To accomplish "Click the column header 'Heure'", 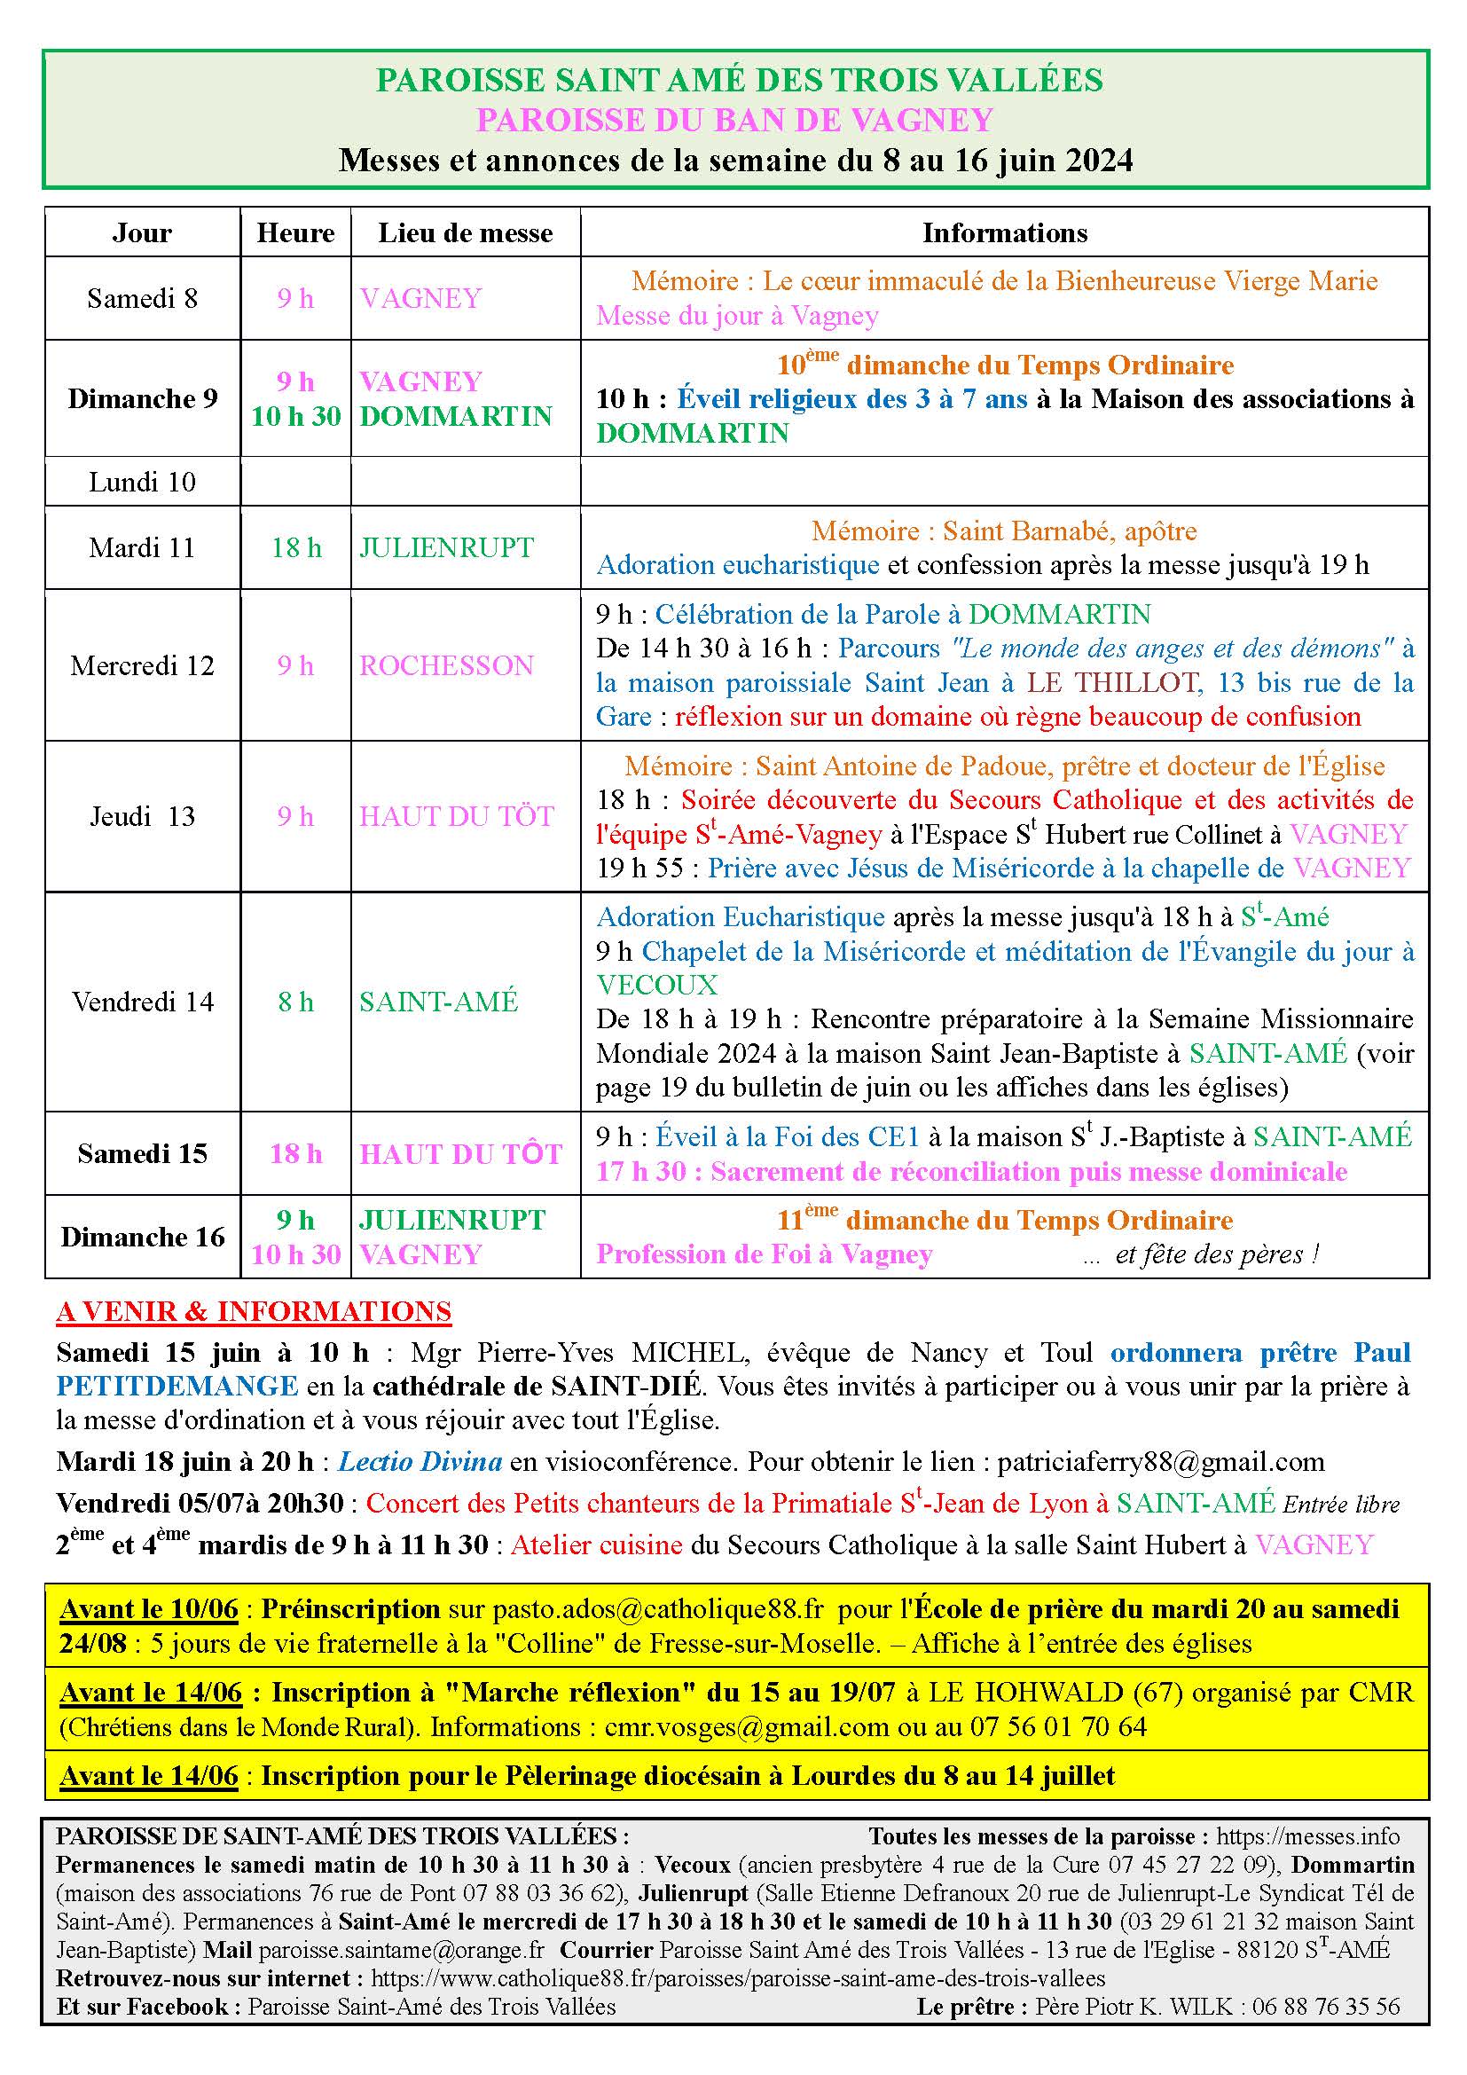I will click(295, 233).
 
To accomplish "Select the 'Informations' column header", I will click(1005, 233).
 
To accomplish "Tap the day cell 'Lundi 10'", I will click(142, 482).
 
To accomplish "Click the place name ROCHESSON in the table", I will click(446, 666).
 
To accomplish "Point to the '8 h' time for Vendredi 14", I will click(295, 1002).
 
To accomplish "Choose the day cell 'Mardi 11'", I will click(142, 547).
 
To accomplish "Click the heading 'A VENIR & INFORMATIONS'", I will click(254, 1311).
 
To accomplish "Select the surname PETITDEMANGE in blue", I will click(177, 1386).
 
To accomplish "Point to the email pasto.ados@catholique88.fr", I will click(658, 1609).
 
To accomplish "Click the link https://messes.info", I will click(1308, 1836).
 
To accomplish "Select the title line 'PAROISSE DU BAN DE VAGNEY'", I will click(734, 120).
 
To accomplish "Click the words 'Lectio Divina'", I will click(421, 1462).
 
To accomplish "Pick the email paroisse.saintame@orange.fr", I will click(402, 1924).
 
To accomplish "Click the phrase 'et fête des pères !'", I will click(1217, 1254).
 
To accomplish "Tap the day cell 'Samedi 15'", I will click(142, 1154).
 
